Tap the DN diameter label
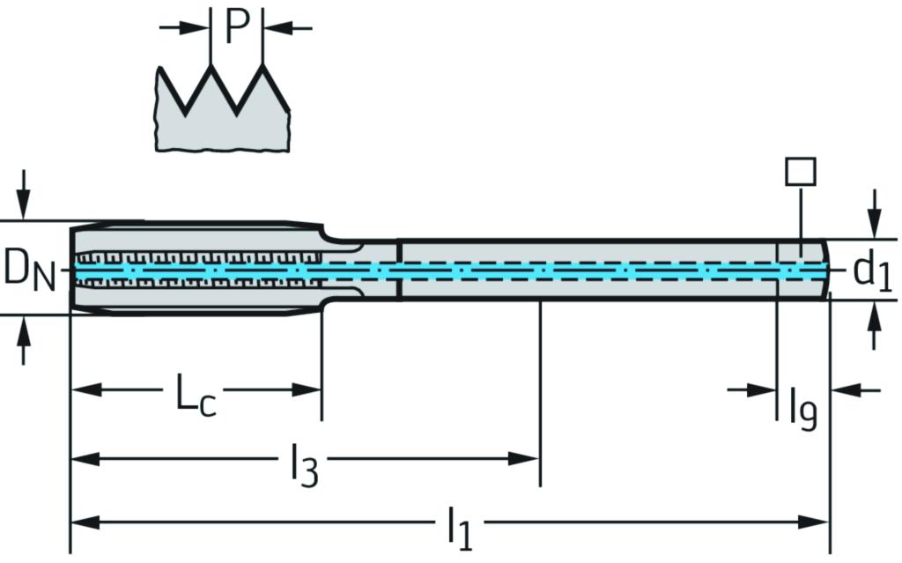pyautogui.click(x=29, y=269)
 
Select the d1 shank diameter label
pyautogui.click(x=871, y=272)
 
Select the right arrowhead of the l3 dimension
pyautogui.click(x=527, y=458)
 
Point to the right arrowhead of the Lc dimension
pyautogui.click(x=308, y=389)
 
